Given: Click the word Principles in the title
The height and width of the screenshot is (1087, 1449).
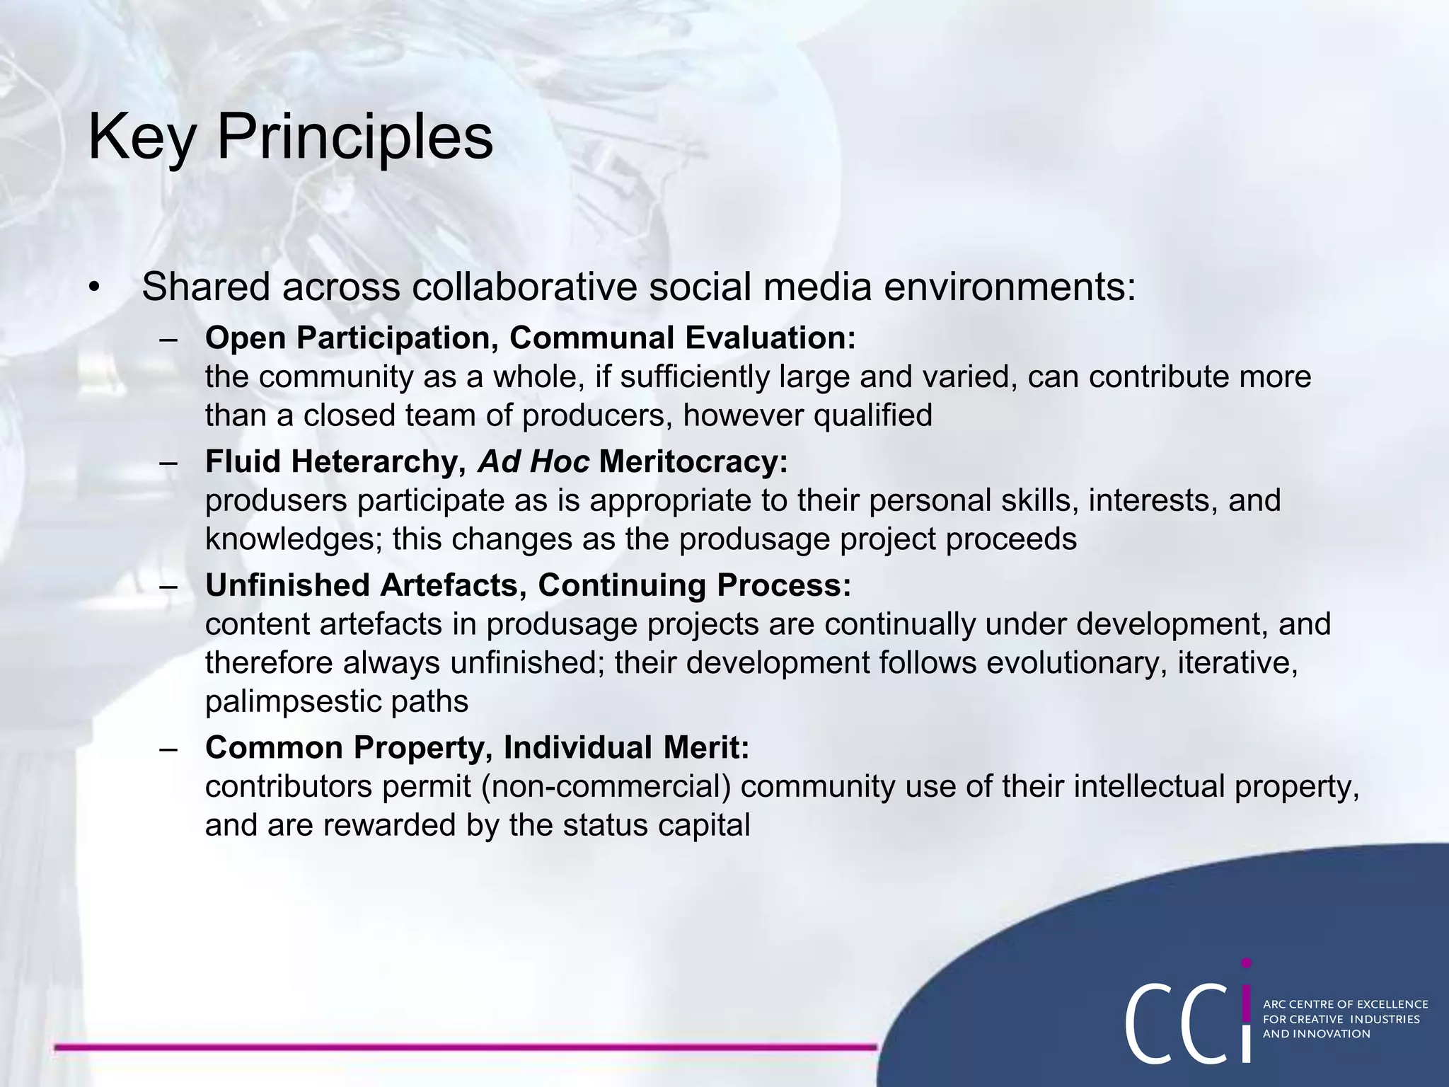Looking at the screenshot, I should tap(354, 137).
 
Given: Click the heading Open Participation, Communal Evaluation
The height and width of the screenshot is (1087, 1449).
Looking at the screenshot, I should tap(530, 338).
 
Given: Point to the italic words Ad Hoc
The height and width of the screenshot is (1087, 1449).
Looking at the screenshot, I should tap(533, 461).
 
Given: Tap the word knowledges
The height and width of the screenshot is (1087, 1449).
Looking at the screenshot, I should tap(293, 539).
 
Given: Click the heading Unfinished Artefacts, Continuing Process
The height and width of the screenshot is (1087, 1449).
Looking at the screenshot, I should tap(528, 585).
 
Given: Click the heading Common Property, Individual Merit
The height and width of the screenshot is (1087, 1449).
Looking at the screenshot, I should tap(477, 747).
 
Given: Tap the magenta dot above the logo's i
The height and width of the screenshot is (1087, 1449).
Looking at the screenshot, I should tap(1246, 963).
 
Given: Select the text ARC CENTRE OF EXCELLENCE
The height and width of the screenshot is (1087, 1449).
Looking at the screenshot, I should tap(1345, 1004).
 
